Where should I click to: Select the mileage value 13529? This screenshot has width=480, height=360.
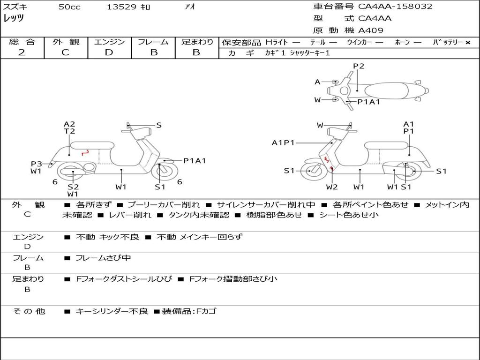click(x=121, y=7)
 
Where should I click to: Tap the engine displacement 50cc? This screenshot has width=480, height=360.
click(x=69, y=7)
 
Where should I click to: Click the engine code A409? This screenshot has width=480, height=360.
click(x=371, y=30)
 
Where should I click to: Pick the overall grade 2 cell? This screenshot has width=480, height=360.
click(x=22, y=52)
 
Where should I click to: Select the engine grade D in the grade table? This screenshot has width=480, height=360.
click(x=109, y=52)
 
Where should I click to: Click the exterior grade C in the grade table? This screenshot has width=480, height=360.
click(x=65, y=52)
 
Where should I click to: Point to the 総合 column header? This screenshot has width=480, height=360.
click(x=22, y=42)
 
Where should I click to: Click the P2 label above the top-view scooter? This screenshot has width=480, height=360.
click(x=359, y=66)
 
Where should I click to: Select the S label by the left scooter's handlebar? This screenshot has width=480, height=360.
click(x=159, y=125)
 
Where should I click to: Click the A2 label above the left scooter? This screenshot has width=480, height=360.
click(x=69, y=124)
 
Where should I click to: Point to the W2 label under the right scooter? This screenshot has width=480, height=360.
click(x=332, y=187)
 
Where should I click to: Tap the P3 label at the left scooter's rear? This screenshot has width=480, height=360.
click(x=37, y=164)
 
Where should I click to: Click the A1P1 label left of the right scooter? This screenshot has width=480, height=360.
click(x=283, y=142)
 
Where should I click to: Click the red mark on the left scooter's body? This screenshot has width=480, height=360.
click(x=85, y=152)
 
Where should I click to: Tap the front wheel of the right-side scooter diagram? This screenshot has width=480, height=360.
click(x=310, y=171)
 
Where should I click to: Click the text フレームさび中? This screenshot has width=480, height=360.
click(x=103, y=258)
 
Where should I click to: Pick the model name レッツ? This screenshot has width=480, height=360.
click(x=14, y=18)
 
